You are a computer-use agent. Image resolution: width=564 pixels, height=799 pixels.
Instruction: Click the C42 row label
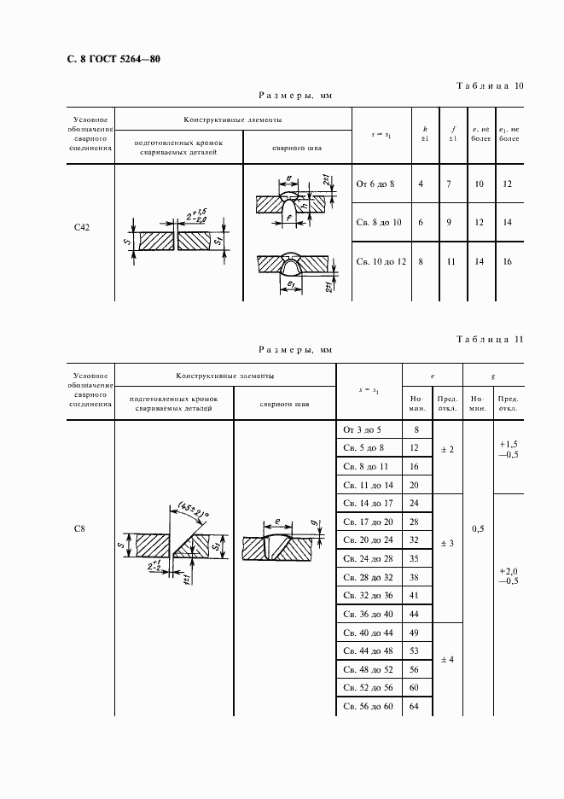(x=82, y=227)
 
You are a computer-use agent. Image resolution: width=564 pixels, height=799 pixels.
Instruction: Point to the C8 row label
(x=79, y=528)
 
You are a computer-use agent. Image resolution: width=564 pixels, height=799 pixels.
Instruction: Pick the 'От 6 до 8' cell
(x=375, y=184)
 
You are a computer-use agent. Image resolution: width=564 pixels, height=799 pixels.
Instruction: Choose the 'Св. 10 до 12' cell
(x=381, y=261)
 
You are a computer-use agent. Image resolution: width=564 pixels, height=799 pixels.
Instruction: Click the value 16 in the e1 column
(x=508, y=261)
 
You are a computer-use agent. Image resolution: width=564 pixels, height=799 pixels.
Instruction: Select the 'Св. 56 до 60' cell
(x=369, y=706)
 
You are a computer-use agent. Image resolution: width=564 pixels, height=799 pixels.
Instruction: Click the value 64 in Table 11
(x=416, y=706)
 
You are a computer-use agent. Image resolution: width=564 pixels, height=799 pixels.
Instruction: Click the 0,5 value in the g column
(x=478, y=528)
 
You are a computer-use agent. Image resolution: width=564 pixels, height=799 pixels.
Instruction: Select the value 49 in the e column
(x=416, y=633)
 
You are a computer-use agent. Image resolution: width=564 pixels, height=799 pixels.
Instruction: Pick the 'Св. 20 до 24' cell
(x=369, y=540)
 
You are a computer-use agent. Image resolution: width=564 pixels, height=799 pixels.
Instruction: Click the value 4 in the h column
(x=421, y=184)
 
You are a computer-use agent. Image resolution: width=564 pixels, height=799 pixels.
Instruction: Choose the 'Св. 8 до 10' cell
(x=379, y=222)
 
